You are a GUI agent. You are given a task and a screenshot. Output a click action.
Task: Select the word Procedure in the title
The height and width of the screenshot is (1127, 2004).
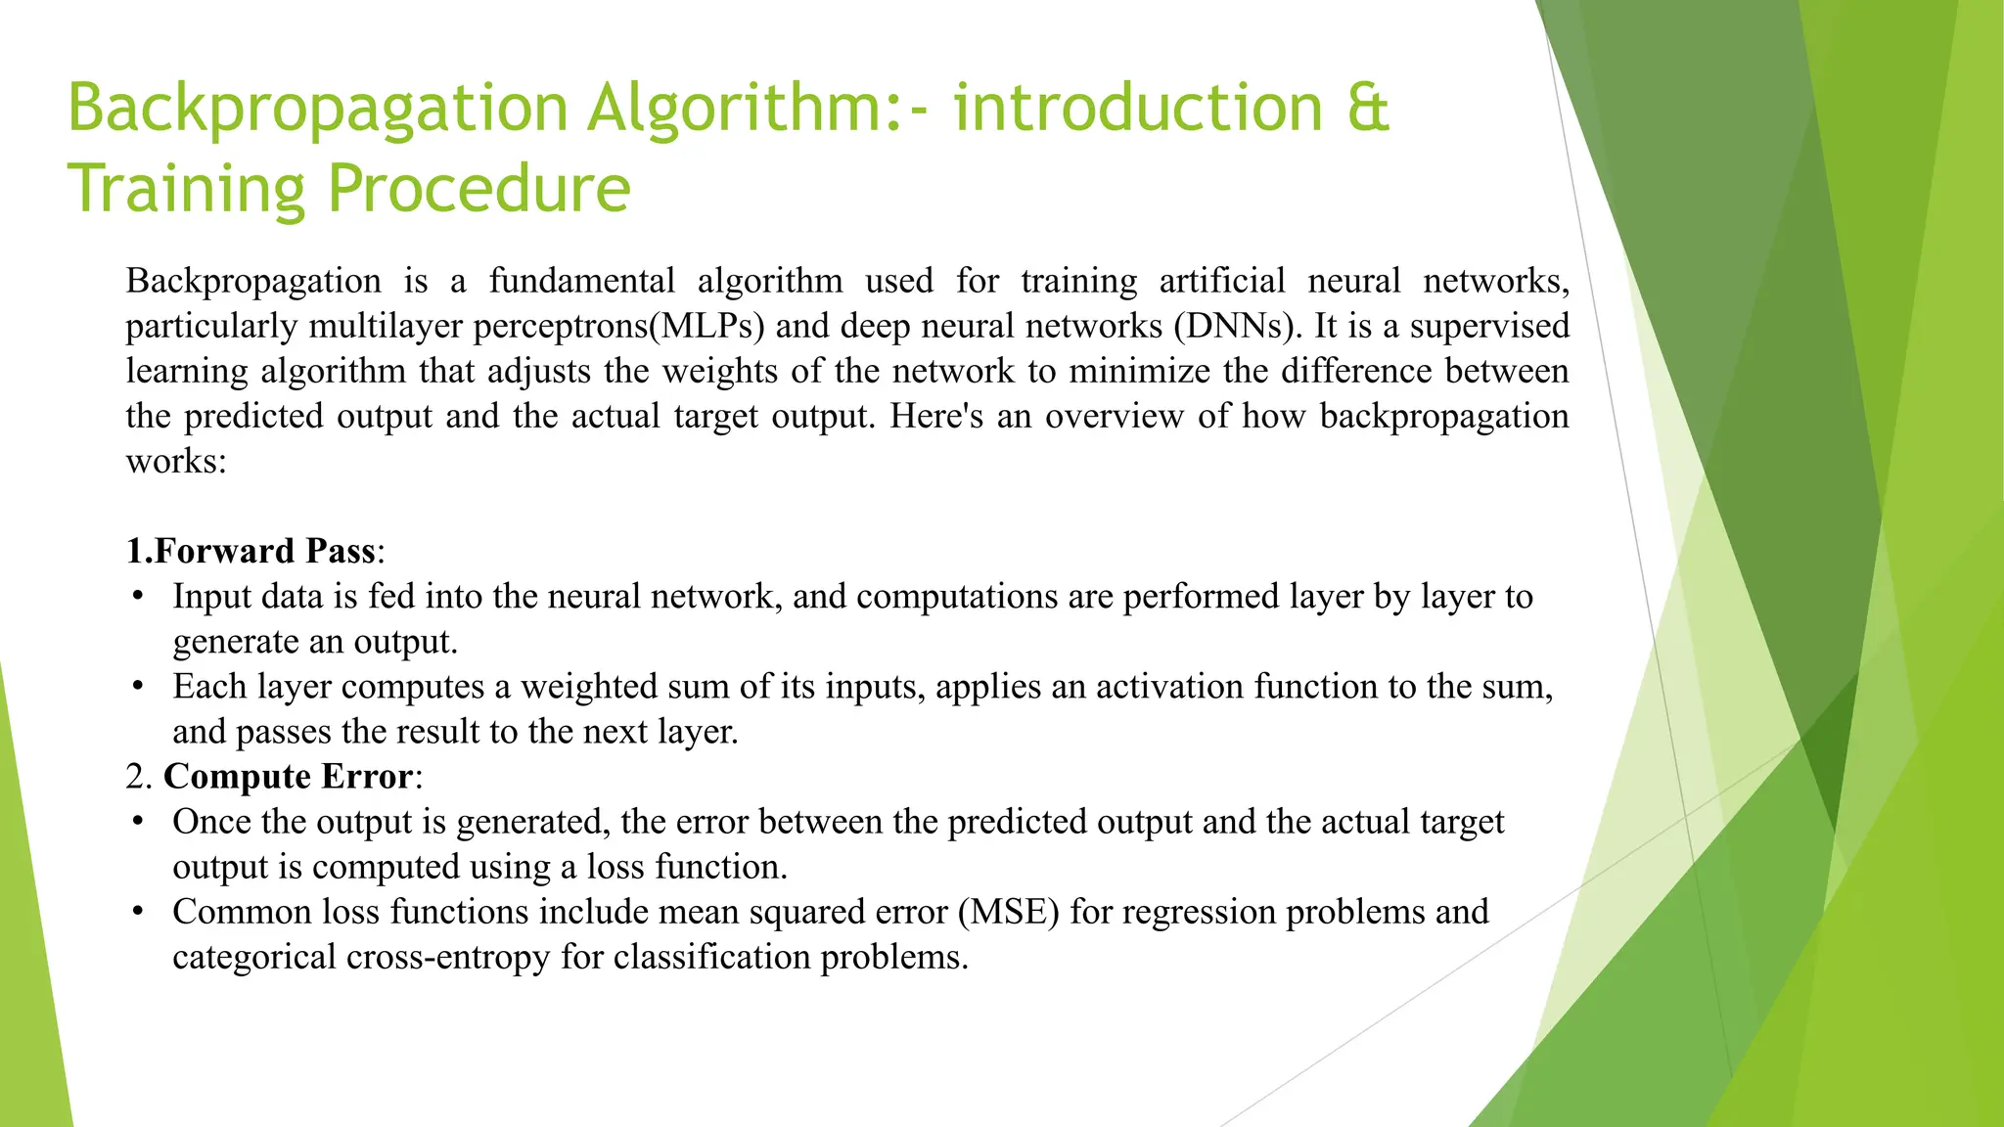479,188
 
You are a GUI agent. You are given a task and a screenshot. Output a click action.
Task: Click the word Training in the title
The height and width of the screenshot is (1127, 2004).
186,188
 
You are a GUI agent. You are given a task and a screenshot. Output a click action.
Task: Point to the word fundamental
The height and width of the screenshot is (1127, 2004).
582,281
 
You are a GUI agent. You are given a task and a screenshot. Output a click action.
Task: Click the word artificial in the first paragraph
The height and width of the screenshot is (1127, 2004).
1222,281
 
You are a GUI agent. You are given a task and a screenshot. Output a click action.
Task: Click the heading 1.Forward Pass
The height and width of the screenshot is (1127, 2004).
250,551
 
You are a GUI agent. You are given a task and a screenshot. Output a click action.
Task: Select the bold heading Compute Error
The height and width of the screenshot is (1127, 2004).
288,776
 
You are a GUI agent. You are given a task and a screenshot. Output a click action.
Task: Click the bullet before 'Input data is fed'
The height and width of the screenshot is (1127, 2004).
138,597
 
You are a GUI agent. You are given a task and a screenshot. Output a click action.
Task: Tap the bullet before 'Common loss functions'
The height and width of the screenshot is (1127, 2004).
138,912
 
